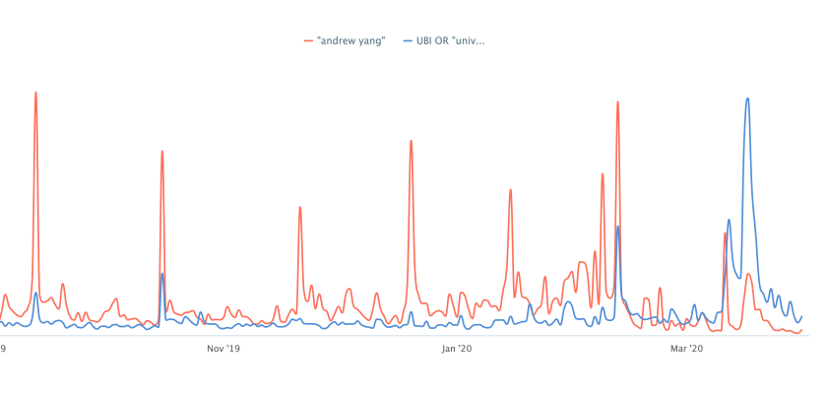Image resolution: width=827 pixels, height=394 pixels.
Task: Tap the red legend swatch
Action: tap(309, 40)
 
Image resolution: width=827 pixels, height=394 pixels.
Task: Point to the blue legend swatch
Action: tap(409, 40)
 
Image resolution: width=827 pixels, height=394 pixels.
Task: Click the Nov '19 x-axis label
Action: tap(223, 348)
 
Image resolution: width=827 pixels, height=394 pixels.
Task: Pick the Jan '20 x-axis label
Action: tap(455, 348)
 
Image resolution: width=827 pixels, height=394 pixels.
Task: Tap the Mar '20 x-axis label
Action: tap(686, 348)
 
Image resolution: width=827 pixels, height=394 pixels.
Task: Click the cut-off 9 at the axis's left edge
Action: tap(3, 348)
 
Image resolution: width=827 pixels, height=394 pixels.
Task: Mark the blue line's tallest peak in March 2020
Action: tap(748, 98)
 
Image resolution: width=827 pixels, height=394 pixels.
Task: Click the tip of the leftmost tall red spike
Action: tap(36, 93)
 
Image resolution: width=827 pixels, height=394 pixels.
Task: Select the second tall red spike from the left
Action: tap(162, 151)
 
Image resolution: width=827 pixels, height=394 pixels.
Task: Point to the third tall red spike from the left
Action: tap(298, 207)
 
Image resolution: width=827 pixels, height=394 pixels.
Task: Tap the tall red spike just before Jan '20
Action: tap(411, 141)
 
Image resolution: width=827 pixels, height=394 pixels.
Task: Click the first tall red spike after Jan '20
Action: tap(510, 189)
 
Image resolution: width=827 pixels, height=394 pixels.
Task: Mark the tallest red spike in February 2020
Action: tap(618, 100)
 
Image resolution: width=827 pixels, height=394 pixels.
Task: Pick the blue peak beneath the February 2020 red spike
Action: tap(618, 227)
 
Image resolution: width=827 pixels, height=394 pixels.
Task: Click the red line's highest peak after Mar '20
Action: tap(749, 274)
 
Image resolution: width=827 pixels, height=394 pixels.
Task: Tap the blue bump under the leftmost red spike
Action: tap(36, 293)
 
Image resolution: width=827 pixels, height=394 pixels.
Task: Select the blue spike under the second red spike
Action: tap(162, 274)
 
